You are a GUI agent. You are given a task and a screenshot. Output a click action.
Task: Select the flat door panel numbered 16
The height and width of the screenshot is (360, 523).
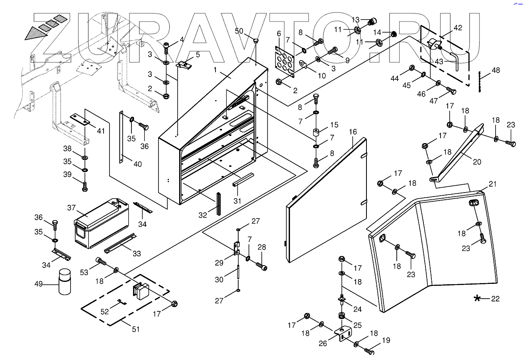point(327,199)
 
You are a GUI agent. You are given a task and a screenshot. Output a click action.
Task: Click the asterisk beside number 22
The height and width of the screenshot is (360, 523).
point(477,298)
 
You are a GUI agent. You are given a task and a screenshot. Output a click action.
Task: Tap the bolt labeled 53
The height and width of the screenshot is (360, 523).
point(101,262)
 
